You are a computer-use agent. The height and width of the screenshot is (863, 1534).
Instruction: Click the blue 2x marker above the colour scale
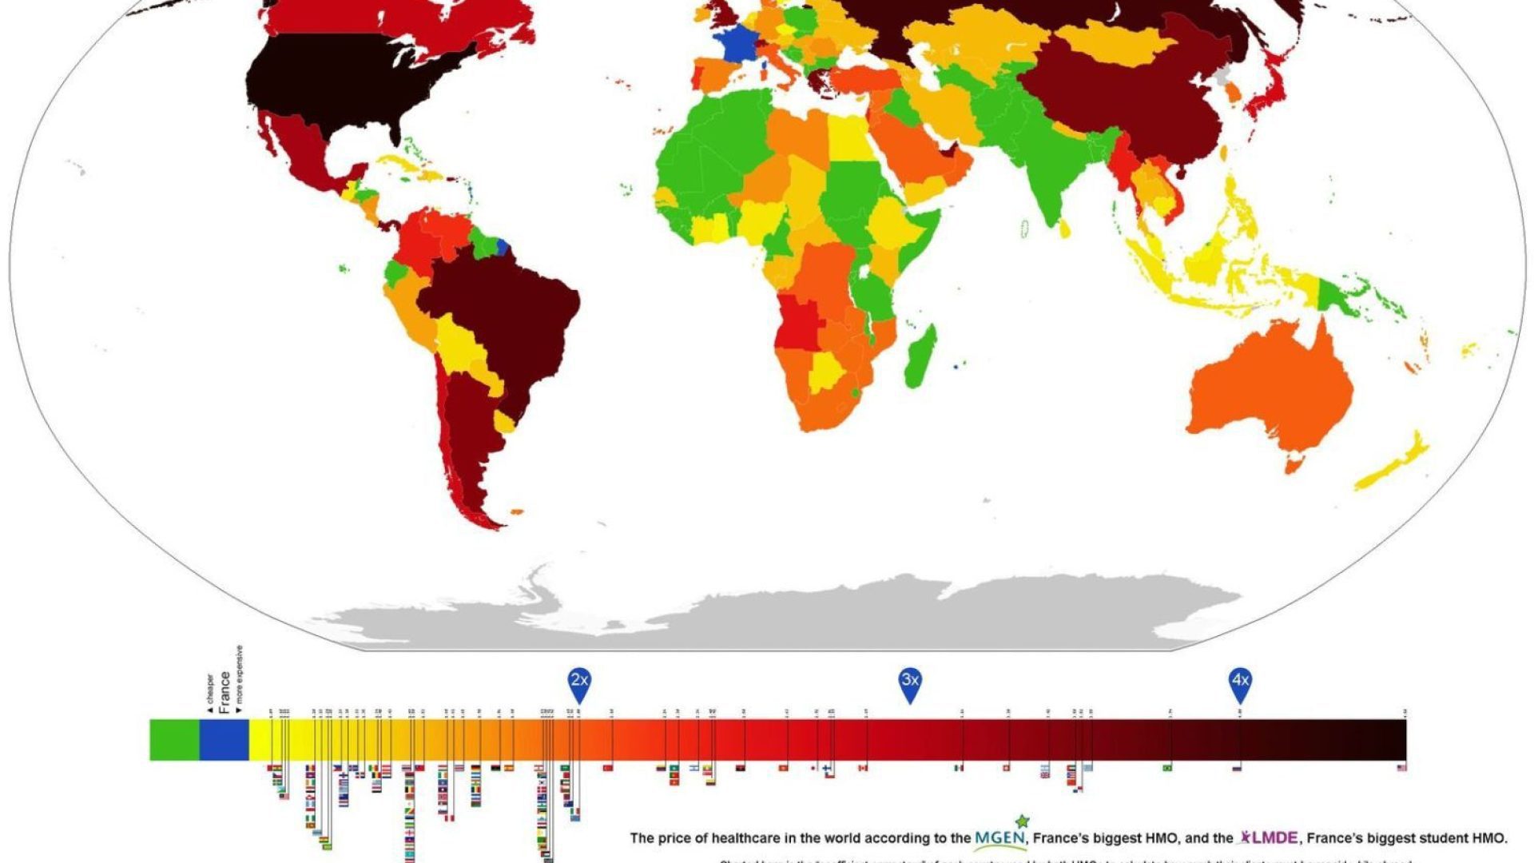(x=579, y=682)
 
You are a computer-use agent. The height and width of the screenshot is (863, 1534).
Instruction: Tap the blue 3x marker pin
(x=910, y=682)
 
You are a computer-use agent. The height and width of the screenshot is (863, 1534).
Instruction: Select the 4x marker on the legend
(x=1240, y=682)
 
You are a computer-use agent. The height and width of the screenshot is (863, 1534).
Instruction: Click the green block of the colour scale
(x=174, y=740)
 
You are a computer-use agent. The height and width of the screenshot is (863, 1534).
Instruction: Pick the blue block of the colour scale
(x=224, y=740)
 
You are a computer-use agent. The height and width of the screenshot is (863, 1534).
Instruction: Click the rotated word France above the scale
(x=225, y=692)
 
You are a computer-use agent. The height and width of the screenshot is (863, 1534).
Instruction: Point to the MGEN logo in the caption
(x=999, y=838)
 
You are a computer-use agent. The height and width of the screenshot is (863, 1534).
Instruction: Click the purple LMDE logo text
(x=1274, y=838)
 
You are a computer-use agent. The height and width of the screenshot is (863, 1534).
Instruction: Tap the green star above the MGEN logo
(x=1022, y=821)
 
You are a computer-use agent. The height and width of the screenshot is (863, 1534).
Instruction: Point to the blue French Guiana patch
(x=503, y=246)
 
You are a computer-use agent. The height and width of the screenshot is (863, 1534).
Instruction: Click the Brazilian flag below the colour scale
(x=1168, y=768)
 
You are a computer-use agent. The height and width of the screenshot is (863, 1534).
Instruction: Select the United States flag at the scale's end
(x=1401, y=768)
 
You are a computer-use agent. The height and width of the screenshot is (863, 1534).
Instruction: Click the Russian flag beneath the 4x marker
(x=1238, y=768)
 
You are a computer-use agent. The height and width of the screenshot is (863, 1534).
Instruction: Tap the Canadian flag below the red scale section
(x=863, y=768)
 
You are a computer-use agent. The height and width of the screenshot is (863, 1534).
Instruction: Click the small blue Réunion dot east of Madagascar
(x=956, y=367)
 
